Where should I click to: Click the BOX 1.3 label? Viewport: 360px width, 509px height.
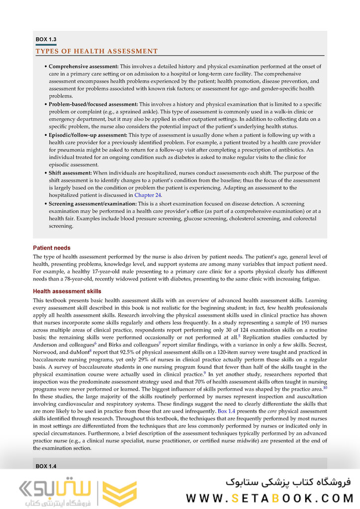pyautogui.click(x=46, y=39)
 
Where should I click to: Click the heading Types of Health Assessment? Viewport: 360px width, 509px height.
pyautogui.click(x=96, y=51)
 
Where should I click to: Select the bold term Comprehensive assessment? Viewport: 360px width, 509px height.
pyautogui.click(x=84, y=66)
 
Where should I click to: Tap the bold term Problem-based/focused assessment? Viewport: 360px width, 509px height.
pyautogui.click(x=93, y=104)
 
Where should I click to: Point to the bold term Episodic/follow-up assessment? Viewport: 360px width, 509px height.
pyautogui.click(x=88, y=135)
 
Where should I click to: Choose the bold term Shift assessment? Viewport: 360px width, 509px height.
pyautogui.click(x=70, y=173)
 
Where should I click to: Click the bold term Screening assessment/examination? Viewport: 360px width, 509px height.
pyautogui.click(x=92, y=204)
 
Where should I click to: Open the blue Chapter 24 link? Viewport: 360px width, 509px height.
pyautogui.click(x=148, y=195)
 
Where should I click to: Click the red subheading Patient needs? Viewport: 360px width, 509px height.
pyautogui.click(x=52, y=248)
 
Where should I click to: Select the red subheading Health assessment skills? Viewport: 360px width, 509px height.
pyautogui.click(x=67, y=291)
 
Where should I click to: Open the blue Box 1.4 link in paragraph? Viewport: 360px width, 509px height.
pyautogui.click(x=226, y=412)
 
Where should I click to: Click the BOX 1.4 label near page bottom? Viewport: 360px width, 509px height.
pyautogui.click(x=46, y=466)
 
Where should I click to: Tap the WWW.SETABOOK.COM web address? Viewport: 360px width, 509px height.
pyautogui.click(x=269, y=498)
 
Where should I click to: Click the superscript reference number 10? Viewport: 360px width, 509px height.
pyautogui.click(x=325, y=388)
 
